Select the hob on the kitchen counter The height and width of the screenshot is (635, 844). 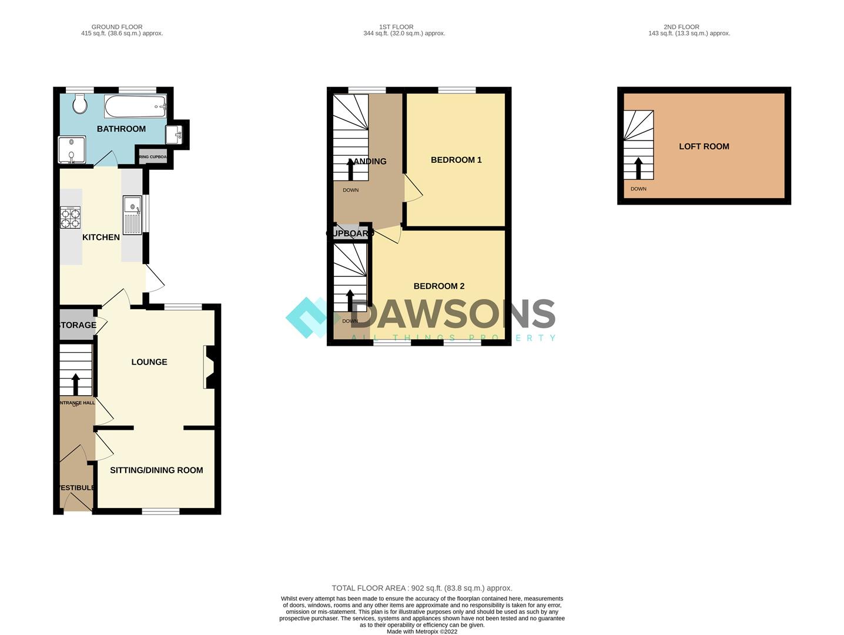click(x=71, y=218)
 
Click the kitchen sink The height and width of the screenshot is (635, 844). click(x=132, y=215)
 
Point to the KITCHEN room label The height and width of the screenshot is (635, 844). click(x=101, y=238)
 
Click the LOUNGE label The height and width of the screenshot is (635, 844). click(x=149, y=362)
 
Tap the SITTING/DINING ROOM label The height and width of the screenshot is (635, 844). click(x=156, y=470)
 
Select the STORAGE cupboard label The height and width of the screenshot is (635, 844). click(x=77, y=325)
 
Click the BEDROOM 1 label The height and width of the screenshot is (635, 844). click(x=456, y=160)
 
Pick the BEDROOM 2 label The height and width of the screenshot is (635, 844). click(x=439, y=286)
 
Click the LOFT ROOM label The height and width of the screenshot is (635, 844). click(x=704, y=147)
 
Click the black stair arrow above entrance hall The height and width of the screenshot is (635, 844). click(x=75, y=384)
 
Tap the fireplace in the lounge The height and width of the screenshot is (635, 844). click(x=210, y=367)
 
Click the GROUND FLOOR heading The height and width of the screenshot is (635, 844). click(x=117, y=27)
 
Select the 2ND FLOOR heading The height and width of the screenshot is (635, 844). click(x=681, y=27)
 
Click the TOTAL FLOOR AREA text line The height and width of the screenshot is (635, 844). click(x=422, y=588)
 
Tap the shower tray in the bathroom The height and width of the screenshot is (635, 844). click(x=72, y=150)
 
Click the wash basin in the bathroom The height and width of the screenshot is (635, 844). click(x=175, y=134)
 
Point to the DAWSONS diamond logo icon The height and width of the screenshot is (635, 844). click(x=308, y=317)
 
